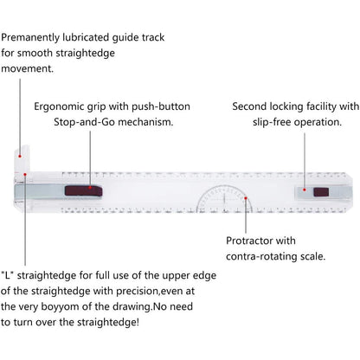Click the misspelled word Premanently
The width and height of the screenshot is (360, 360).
coord(30,38)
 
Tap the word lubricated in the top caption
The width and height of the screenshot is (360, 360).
coord(86,37)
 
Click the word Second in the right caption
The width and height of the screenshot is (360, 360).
coord(249,106)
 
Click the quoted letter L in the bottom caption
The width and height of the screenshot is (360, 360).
coord(8,275)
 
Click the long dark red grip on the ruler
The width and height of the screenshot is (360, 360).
coord(83,190)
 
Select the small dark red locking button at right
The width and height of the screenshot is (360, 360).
coord(321,192)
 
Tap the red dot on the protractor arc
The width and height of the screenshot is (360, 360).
coord(246,198)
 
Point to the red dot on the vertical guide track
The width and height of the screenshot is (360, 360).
coord(20,157)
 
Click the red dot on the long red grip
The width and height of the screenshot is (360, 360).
coord(90,188)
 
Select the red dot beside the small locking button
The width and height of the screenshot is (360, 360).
coord(305,190)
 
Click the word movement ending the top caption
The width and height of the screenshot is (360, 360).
coord(27,69)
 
